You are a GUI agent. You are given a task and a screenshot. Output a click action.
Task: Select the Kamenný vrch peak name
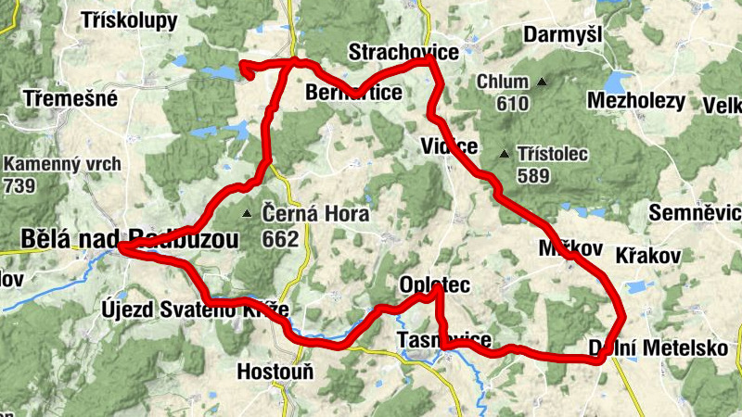tap(63, 165)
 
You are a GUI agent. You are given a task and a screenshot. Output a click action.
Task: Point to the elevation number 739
tap(19, 185)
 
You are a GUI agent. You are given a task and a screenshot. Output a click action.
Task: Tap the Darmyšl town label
tap(563, 34)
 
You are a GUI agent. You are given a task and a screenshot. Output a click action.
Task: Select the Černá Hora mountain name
tap(315, 214)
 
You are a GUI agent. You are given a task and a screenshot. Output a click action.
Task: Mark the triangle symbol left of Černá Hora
tap(247, 214)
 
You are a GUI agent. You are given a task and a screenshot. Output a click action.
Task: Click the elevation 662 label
tap(280, 239)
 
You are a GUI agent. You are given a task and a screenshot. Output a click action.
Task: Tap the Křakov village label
tap(648, 254)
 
